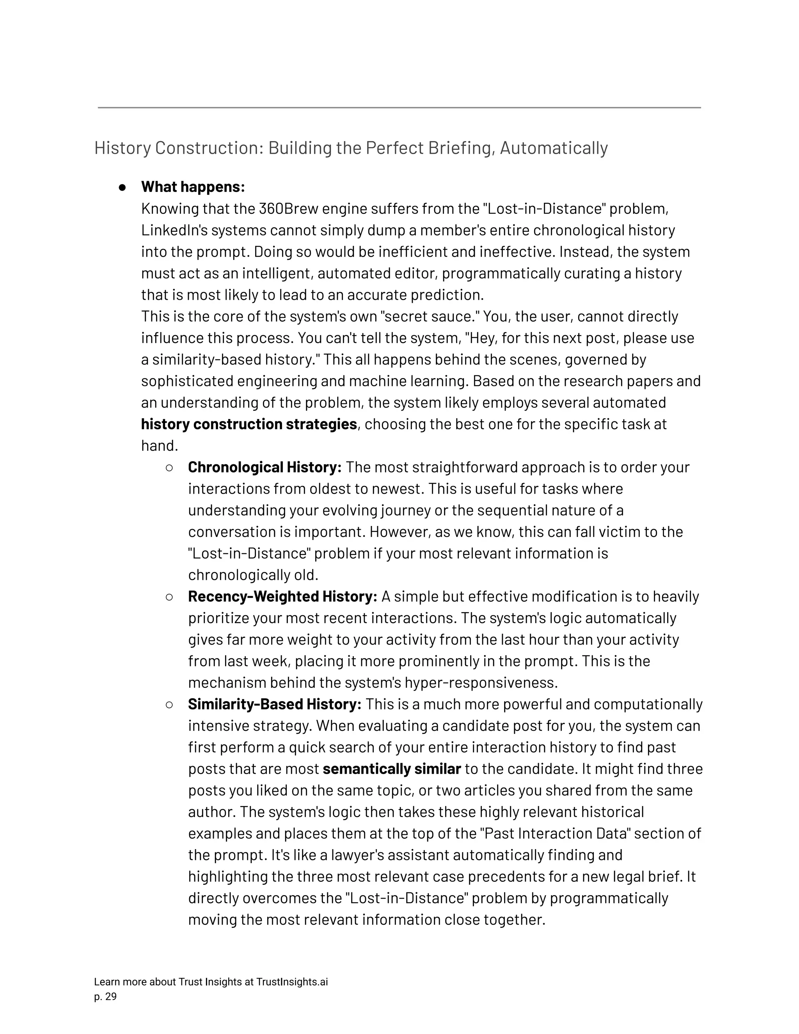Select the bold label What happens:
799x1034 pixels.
point(193,187)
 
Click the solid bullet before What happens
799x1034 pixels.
point(122,187)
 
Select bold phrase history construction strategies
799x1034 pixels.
point(249,424)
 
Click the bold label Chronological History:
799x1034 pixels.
point(265,467)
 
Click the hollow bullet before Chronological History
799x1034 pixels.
point(169,468)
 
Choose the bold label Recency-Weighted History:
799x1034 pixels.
point(282,597)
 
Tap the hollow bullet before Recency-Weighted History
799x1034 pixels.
point(169,597)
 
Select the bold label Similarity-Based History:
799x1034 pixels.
point(275,704)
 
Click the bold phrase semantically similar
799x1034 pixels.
point(391,769)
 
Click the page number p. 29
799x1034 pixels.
point(105,997)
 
